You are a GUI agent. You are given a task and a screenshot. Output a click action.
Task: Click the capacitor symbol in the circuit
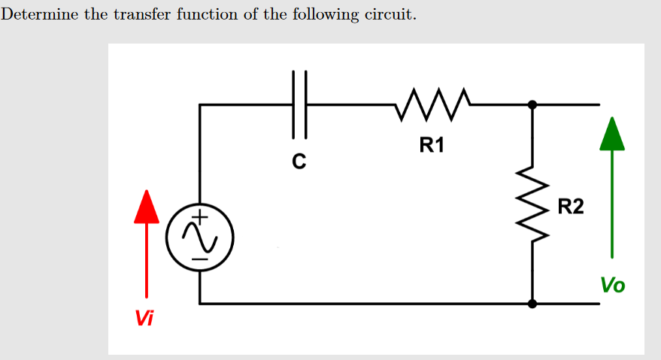(299, 104)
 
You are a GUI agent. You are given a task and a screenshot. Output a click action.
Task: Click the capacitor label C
(299, 161)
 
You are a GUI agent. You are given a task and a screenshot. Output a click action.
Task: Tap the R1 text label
(432, 145)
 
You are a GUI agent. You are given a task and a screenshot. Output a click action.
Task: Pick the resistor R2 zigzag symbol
(532, 204)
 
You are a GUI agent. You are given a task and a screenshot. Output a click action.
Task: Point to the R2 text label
(571, 206)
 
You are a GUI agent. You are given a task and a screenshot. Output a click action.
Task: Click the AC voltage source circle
(199, 238)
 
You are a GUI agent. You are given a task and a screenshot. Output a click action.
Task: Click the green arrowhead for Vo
(612, 135)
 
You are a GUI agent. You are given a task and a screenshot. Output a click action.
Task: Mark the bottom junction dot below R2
(532, 304)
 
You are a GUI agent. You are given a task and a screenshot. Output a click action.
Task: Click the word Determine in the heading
(39, 15)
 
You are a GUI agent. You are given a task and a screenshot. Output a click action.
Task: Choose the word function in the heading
(204, 15)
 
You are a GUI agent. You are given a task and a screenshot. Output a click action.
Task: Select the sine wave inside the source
(199, 239)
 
